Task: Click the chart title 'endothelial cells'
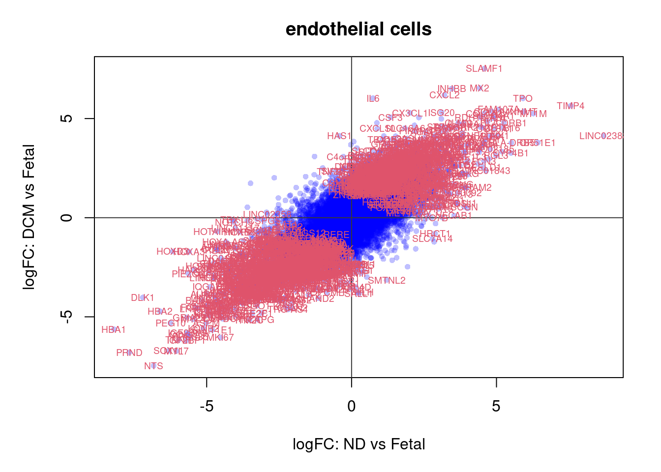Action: point(359,29)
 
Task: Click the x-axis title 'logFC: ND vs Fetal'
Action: point(359,444)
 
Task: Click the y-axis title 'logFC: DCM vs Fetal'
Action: point(30,217)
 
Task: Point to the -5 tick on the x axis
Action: point(207,406)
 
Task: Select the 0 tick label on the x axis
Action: point(351,406)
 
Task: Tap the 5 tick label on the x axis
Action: point(496,406)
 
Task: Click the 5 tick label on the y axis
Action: point(67,118)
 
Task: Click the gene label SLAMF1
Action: point(484,69)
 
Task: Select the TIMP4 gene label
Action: point(571,106)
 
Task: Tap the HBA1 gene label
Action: point(114,330)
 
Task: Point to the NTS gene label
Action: point(153,366)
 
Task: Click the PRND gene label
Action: point(129,353)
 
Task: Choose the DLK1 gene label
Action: point(143,298)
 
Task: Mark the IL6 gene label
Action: point(373,99)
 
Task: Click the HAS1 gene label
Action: point(339,136)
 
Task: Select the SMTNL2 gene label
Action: point(387,281)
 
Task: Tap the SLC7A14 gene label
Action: point(432,239)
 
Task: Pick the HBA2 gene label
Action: point(160,312)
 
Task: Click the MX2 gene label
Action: point(480,88)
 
